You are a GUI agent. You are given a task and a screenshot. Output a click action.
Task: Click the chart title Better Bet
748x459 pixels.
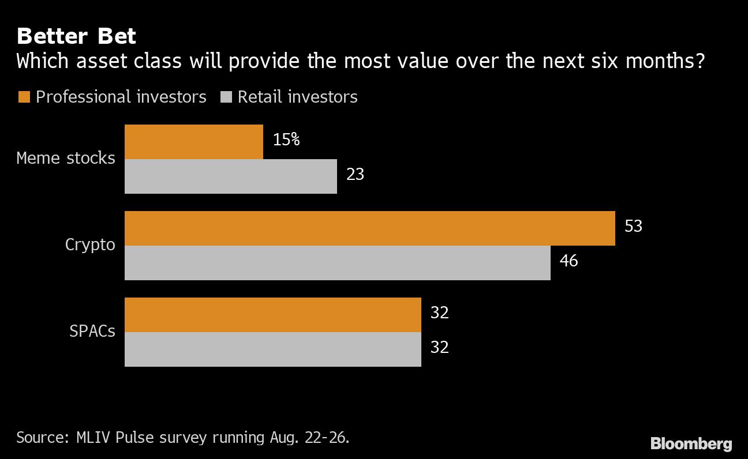[x=76, y=36]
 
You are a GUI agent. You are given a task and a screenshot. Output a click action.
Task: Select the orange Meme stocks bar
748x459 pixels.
[x=194, y=142]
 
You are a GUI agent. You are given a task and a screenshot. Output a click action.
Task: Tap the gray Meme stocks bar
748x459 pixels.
[x=231, y=176]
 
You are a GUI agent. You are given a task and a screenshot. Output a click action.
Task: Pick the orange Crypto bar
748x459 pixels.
[x=370, y=228]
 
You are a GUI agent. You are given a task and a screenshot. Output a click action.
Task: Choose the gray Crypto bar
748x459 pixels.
[x=338, y=263]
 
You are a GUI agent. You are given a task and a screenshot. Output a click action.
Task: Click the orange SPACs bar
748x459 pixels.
[x=273, y=315]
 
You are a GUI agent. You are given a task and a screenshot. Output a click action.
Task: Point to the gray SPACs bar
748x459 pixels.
[x=273, y=349]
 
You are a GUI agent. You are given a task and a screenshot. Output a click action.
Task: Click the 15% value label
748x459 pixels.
[x=286, y=140]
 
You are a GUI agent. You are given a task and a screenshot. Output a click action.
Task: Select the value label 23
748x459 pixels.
[x=355, y=174]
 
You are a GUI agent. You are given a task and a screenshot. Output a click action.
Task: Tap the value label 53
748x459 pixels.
[x=633, y=226]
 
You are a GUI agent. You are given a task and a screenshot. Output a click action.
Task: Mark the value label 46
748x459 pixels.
[x=569, y=261]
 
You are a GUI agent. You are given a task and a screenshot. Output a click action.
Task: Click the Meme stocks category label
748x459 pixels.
[x=66, y=158]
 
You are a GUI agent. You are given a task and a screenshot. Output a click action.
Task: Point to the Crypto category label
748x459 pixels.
[x=90, y=244]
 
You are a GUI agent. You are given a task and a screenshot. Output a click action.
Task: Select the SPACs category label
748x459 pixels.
[x=92, y=332]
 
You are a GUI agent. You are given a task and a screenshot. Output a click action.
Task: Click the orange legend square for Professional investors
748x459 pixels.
[x=24, y=97]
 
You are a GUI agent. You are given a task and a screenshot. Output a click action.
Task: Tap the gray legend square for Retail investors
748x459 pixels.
[x=226, y=97]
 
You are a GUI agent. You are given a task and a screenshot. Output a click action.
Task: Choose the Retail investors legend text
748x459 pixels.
[x=297, y=97]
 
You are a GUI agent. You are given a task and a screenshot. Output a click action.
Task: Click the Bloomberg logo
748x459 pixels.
[x=691, y=444]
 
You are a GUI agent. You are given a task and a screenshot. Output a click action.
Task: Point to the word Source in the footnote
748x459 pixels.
[x=40, y=437]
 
